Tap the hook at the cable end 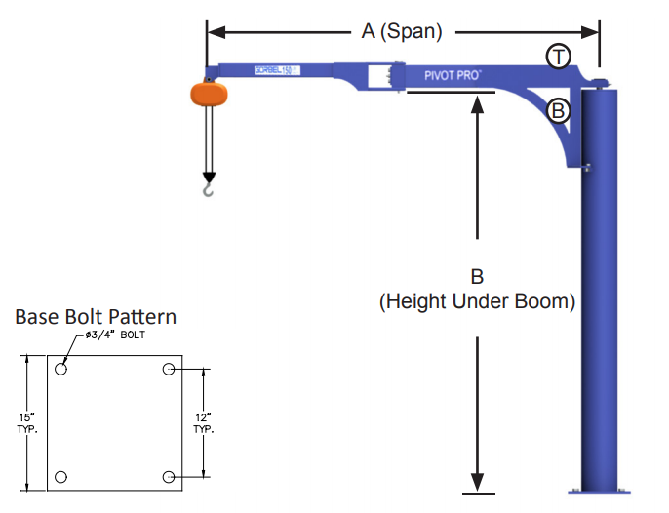208,187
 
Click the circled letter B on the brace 558,110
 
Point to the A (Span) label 402,32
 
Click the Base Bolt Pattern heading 95,317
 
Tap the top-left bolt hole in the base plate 61,370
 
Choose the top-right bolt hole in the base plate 169,369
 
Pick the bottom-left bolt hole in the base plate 61,477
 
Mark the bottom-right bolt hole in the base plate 169,477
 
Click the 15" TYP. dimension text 26,423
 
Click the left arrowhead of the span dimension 215,32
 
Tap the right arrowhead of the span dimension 591,32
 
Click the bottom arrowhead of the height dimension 477,483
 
